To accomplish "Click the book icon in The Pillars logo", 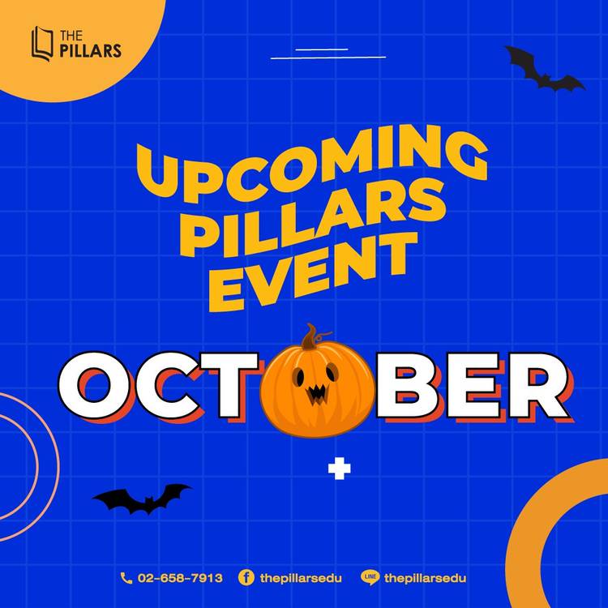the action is pyautogui.click(x=42, y=44).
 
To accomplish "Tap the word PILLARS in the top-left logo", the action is pyautogui.click(x=90, y=51).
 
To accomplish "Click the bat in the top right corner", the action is pyautogui.click(x=545, y=69).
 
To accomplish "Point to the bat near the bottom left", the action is pyautogui.click(x=142, y=499).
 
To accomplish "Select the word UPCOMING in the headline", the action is pyautogui.click(x=312, y=163).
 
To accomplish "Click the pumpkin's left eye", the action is pyautogui.click(x=298, y=377).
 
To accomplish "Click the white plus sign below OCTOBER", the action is pyautogui.click(x=340, y=469).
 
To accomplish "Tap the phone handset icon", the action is pyautogui.click(x=126, y=578).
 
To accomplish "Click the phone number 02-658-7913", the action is pyautogui.click(x=180, y=578).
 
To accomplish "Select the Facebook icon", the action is pyautogui.click(x=246, y=578).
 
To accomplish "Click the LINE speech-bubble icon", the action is pyautogui.click(x=370, y=578).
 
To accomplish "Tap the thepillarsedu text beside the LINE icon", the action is pyautogui.click(x=426, y=578).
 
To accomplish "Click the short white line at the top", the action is pyautogui.click(x=322, y=49).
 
